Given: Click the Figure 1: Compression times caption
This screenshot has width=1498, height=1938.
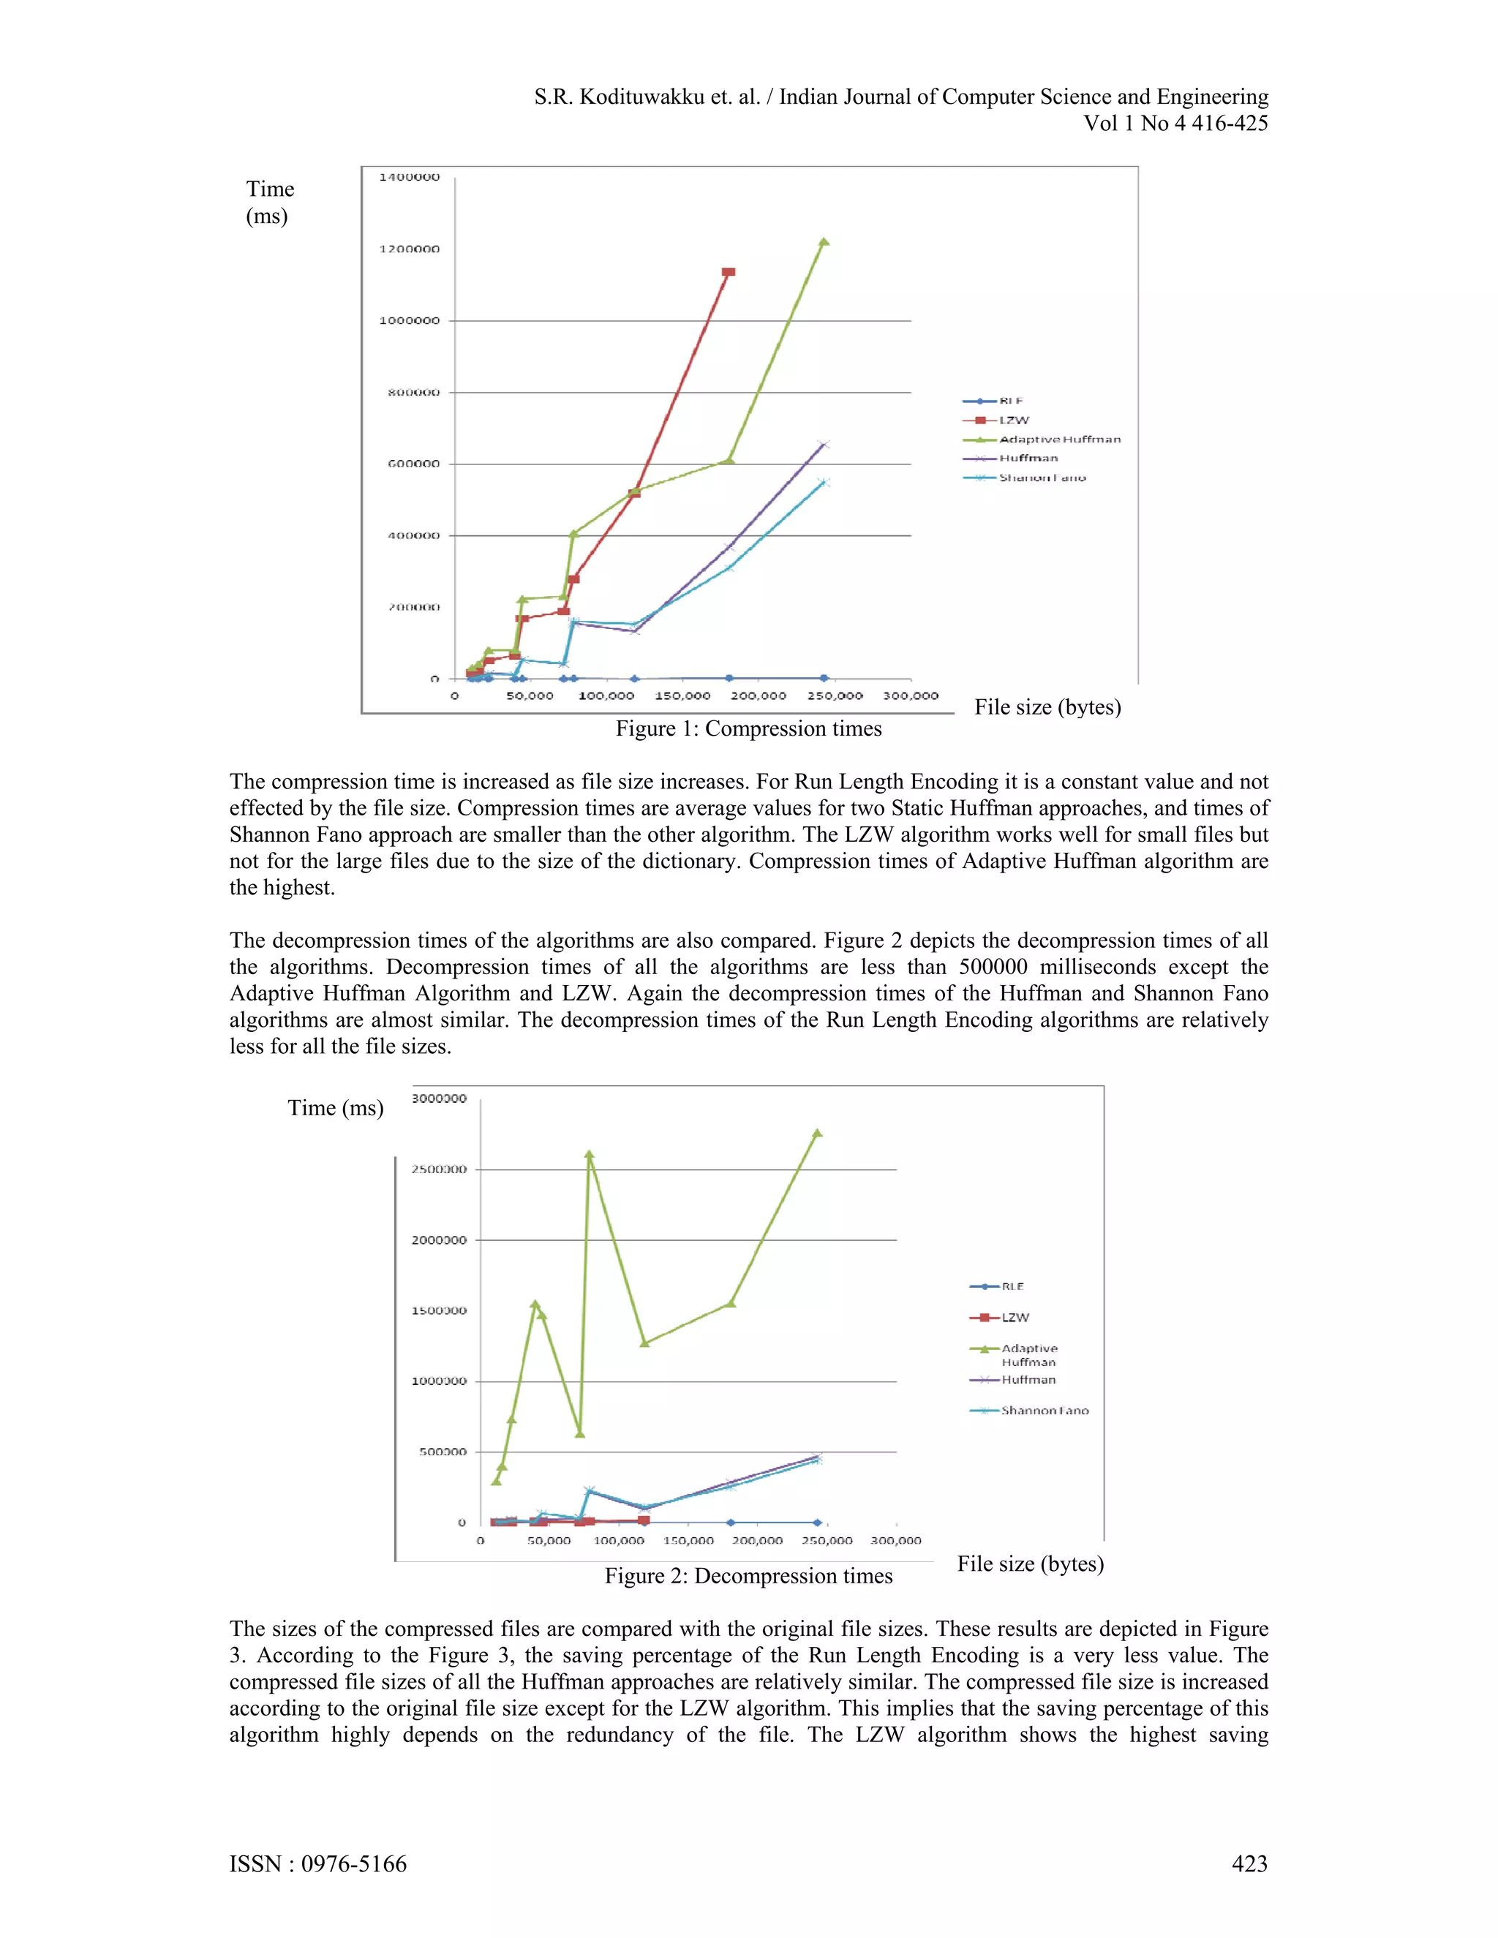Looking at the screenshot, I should point(748,728).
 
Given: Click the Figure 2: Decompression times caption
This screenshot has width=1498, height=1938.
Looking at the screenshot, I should point(748,1576).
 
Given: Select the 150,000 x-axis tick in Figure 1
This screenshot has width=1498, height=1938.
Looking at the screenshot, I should point(682,695).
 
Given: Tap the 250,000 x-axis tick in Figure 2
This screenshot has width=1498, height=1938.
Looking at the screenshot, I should point(827,1540).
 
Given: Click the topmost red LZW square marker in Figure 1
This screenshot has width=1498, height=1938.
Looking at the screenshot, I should point(729,271).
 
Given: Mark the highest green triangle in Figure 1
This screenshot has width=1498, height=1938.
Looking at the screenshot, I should point(824,241).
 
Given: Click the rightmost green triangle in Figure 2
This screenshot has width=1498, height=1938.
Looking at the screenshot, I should point(817,1133).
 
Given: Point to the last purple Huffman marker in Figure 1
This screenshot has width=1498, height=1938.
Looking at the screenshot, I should point(824,445).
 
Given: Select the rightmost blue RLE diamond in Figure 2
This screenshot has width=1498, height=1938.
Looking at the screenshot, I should point(817,1523).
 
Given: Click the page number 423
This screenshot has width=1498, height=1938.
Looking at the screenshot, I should point(1249,1864).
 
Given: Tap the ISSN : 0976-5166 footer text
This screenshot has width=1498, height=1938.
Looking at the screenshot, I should point(317,1864).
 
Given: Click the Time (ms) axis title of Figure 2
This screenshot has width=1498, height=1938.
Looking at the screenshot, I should point(336,1108).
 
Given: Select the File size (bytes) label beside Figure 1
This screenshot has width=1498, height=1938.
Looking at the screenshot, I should point(1047,707).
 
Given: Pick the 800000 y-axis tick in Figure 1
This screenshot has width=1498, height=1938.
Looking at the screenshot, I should point(413,392).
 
